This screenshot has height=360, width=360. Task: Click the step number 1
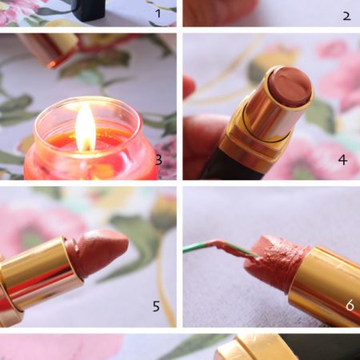tap(158, 14)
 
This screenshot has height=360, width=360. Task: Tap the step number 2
tap(346, 16)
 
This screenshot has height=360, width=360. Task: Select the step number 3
tap(158, 160)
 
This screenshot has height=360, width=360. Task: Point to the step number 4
tap(343, 160)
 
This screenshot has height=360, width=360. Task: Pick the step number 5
tap(156, 306)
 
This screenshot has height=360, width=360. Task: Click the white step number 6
tap(350, 305)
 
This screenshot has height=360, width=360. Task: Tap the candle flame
tap(86, 127)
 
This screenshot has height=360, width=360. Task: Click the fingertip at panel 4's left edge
tap(188, 86)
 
